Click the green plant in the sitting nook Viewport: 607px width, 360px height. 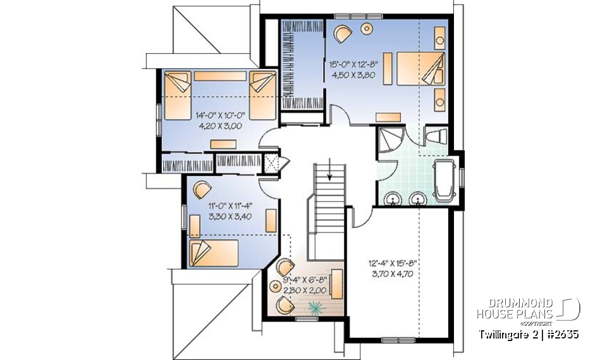click(314, 306)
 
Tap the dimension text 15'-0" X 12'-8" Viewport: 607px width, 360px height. click(355, 64)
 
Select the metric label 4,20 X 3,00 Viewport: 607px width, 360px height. click(217, 125)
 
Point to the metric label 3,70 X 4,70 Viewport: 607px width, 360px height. click(398, 274)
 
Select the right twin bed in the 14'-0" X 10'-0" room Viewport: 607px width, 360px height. click(262, 94)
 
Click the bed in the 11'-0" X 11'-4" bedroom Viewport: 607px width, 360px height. click(213, 252)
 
